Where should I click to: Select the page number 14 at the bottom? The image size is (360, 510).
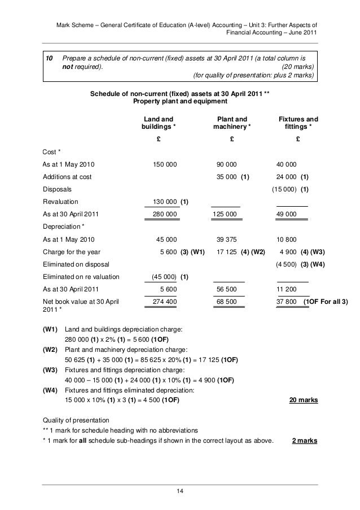click(x=180, y=494)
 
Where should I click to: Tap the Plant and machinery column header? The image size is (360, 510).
click(x=232, y=124)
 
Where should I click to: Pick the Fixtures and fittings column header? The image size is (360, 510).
click(x=298, y=124)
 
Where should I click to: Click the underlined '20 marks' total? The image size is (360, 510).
click(x=303, y=400)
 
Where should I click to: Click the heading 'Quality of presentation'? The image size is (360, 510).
click(x=80, y=420)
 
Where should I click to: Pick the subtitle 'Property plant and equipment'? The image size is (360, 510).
click(x=179, y=102)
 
